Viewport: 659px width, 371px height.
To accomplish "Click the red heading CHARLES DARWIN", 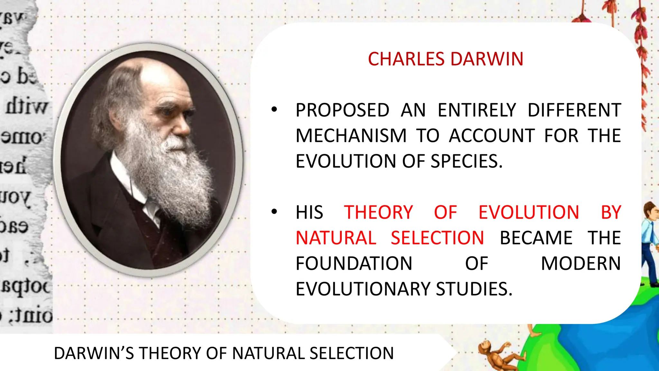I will tap(445, 59).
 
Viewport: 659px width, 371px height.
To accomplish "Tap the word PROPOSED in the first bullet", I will tap(342, 110).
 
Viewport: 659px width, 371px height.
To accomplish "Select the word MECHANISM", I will tap(351, 136).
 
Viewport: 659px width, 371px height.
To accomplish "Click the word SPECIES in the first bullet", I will tap(466, 161).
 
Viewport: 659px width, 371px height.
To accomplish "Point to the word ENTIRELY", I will tap(477, 110).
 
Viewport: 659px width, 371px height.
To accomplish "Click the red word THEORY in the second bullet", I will tap(378, 213).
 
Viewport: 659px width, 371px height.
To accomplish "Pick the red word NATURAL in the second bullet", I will tap(336, 238).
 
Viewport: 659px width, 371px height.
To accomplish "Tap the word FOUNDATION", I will tap(354, 263).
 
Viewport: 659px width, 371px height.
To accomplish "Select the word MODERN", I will tap(581, 263).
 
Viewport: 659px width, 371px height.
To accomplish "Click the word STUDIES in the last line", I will tap(474, 289).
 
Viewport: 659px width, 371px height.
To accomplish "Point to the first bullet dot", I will tap(274, 110).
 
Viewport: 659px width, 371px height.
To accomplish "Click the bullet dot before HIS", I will tap(274, 212).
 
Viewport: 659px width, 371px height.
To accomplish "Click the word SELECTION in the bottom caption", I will tap(352, 353).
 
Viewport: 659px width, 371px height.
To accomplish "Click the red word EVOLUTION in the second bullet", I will tap(529, 213).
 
